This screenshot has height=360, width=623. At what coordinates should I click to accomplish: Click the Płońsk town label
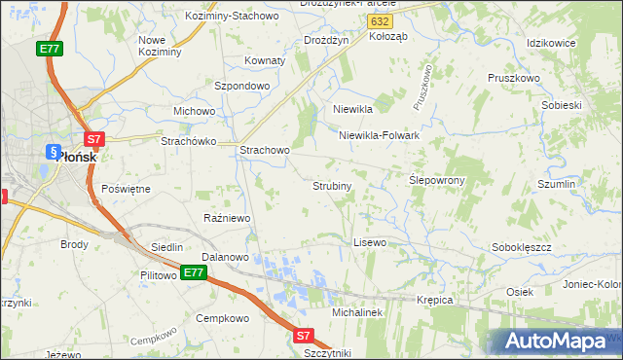pos(77,155)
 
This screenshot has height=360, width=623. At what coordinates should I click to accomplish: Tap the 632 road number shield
pos(383,19)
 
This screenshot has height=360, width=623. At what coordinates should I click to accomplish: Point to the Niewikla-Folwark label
pos(379,136)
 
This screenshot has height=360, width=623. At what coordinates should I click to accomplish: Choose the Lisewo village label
pos(370,241)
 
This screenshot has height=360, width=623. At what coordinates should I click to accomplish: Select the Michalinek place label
pos(360,313)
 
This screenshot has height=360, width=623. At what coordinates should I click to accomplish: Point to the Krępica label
pos(434,300)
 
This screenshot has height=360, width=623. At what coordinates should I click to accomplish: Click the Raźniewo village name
pos(227,218)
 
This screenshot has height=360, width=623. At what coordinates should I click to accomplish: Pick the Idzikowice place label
pos(552,44)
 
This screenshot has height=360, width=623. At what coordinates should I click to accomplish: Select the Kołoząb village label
pos(391,36)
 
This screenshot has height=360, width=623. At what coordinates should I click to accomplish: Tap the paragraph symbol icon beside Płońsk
pos(53,152)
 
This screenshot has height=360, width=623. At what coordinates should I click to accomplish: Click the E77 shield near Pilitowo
pos(193,273)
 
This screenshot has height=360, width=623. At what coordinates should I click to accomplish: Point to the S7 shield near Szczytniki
pos(303,336)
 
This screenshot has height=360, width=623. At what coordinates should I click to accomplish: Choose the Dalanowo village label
pos(226,257)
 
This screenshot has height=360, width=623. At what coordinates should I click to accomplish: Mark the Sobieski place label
pos(561,105)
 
